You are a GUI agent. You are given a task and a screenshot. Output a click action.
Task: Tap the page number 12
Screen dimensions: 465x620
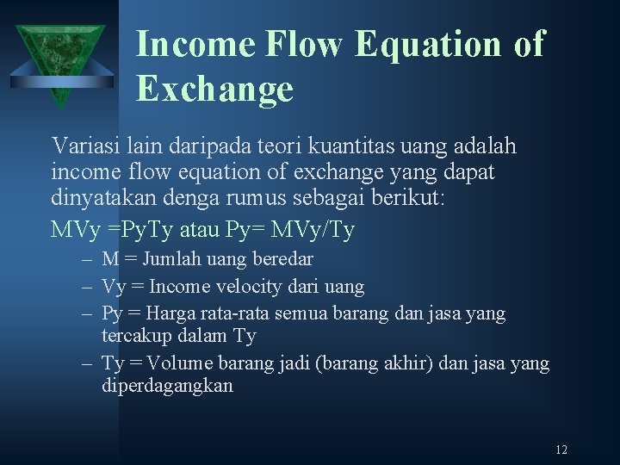[x=561, y=449]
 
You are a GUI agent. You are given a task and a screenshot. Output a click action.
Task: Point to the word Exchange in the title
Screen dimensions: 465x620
[x=214, y=89]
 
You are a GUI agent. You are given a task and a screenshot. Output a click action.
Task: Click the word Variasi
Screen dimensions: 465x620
[x=83, y=146]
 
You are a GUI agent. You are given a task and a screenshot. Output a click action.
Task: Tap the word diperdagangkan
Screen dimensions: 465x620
[x=167, y=386]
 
